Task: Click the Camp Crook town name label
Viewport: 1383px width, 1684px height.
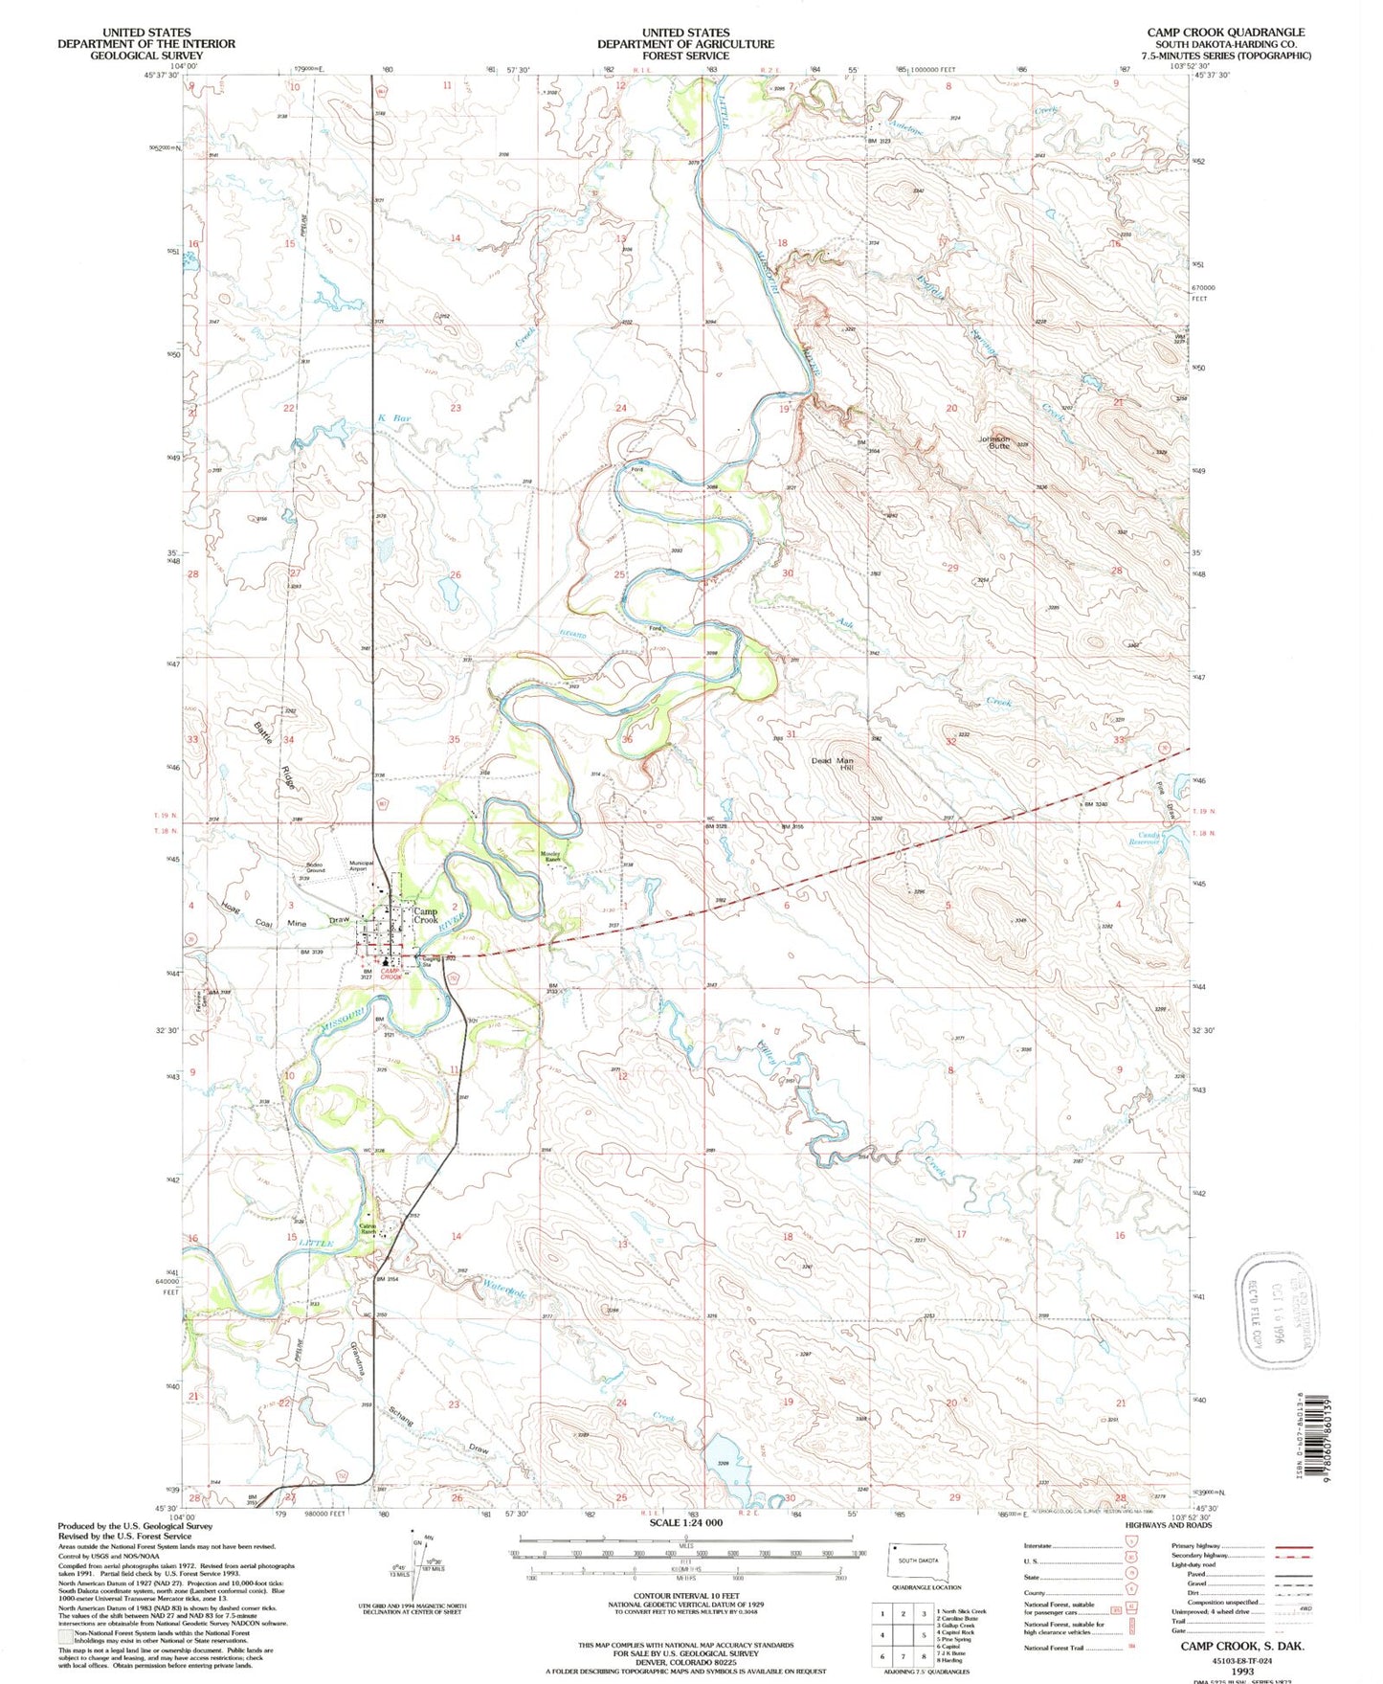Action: point(426,915)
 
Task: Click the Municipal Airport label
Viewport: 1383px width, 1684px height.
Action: point(361,865)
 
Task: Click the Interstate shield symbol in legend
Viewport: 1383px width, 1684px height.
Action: point(1126,1546)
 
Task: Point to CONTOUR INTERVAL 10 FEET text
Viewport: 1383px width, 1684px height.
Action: point(685,1596)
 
